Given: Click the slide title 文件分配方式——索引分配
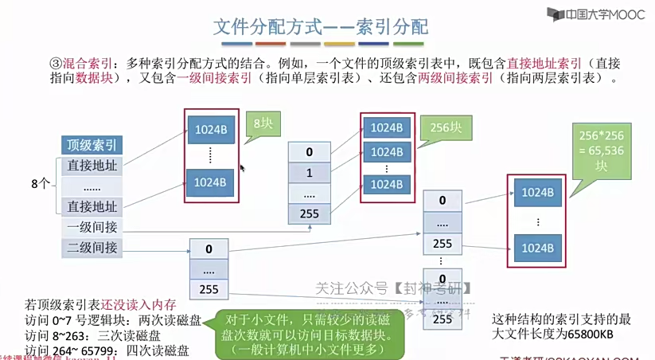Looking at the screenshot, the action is click(322, 26).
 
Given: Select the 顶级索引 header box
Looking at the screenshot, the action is click(92, 145).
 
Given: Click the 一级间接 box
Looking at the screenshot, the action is click(92, 227).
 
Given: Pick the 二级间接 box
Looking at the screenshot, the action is click(92, 248).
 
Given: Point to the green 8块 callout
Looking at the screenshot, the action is click(263, 124).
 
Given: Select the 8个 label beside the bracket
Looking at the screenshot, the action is click(41, 183).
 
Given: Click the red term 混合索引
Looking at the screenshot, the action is click(86, 62).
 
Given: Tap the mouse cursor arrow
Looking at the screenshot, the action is click(242, 168).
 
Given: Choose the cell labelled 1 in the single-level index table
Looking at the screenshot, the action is click(309, 173).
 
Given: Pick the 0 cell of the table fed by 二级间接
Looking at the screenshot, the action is click(209, 249).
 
